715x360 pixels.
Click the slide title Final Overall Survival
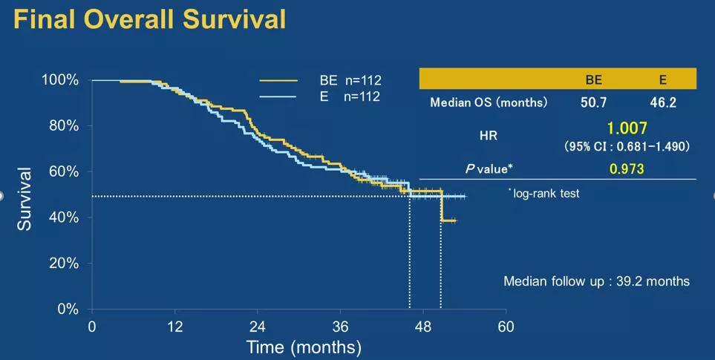[x=149, y=19]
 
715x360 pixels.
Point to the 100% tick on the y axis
[x=59, y=80]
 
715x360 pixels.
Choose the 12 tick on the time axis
[x=175, y=327]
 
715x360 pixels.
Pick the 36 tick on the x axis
[x=340, y=327]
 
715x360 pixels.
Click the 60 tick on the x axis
[x=506, y=327]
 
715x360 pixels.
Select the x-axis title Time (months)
[x=304, y=347]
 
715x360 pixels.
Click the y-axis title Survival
[x=25, y=198]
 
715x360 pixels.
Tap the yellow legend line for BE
[x=278, y=80]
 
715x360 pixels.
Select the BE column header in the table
[x=593, y=79]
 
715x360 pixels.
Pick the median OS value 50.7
[x=593, y=102]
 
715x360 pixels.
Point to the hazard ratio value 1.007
[x=627, y=129]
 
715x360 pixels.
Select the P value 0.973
[x=627, y=169]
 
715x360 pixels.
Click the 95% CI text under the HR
[x=627, y=147]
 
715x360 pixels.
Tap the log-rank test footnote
[x=544, y=193]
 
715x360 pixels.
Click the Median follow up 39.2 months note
[x=596, y=281]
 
